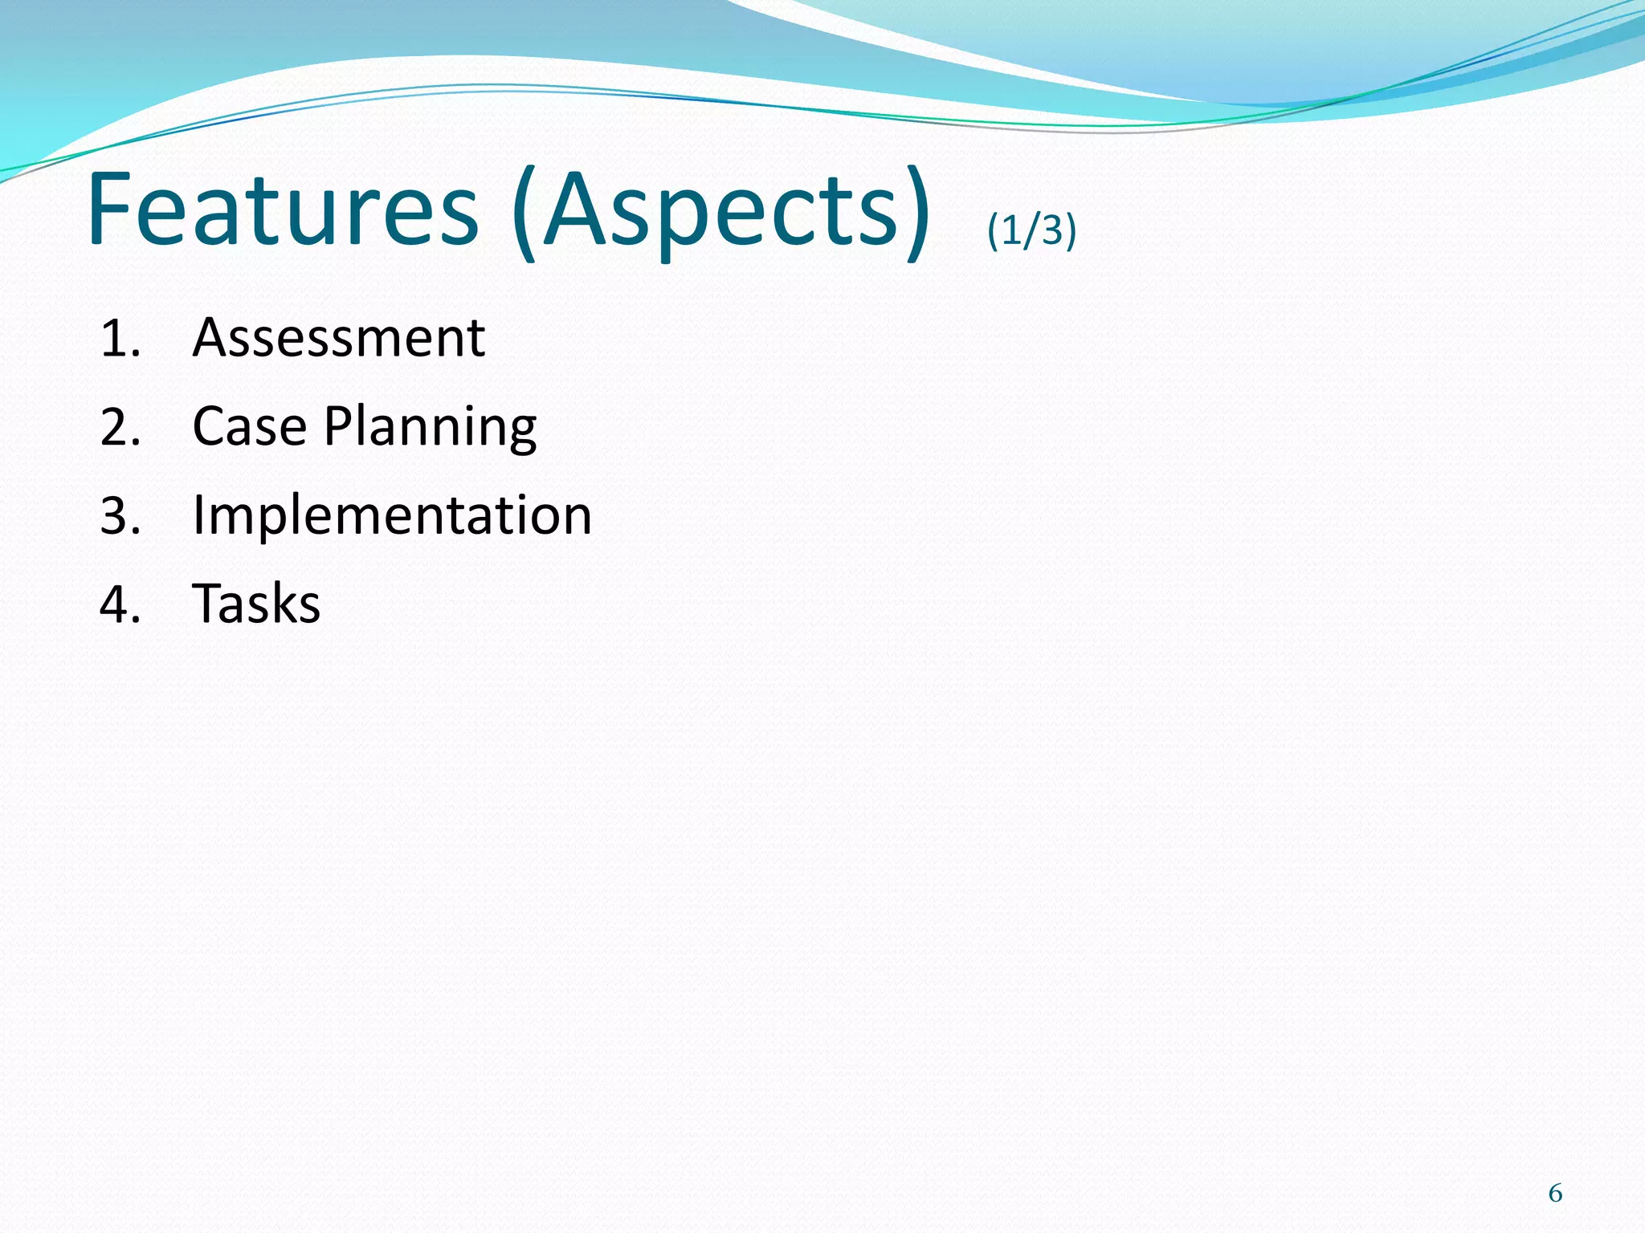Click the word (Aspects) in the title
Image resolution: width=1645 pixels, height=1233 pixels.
[720, 213]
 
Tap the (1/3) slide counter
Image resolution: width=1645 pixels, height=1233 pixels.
[1031, 230]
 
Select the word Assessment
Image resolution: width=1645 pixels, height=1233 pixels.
[338, 338]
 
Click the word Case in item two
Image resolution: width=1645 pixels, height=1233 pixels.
[250, 425]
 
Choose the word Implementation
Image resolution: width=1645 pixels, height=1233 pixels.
[392, 515]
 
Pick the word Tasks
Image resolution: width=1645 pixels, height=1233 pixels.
[256, 604]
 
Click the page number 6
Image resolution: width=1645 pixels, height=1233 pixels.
[1555, 1194]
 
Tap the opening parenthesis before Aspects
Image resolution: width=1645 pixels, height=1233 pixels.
[525, 213]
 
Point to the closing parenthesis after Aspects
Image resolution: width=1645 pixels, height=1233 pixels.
[916, 213]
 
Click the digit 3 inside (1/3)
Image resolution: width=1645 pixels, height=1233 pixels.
[1051, 230]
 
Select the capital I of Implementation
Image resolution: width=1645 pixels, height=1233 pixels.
[198, 515]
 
